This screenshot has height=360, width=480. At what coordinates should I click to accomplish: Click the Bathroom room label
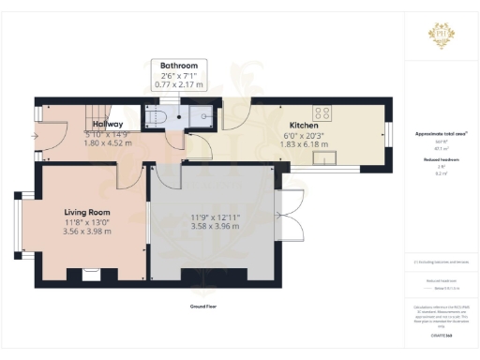click(x=178, y=66)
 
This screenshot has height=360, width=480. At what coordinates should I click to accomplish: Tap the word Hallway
click(x=107, y=124)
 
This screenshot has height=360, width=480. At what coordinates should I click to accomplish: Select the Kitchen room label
click(x=304, y=125)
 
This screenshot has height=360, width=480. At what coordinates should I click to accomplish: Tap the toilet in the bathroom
click(x=158, y=117)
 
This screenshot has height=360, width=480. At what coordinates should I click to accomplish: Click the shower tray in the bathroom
click(x=201, y=115)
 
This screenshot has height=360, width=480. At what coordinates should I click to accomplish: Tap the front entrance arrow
click(x=34, y=135)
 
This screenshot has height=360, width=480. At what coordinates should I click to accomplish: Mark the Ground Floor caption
click(x=203, y=306)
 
